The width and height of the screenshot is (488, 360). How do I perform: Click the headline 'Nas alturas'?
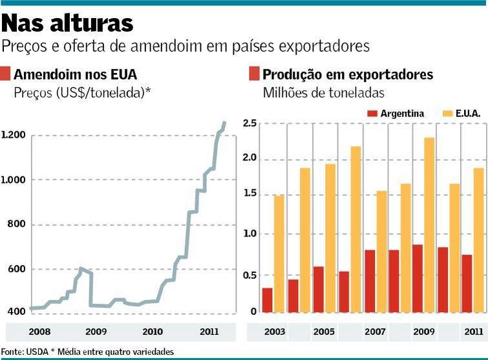point(67,24)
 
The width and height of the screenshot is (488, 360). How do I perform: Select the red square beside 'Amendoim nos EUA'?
point(6,74)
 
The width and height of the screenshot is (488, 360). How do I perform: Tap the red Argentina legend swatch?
point(372,114)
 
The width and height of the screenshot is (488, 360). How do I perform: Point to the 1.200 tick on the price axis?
point(13,135)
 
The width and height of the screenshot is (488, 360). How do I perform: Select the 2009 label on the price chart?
point(96,332)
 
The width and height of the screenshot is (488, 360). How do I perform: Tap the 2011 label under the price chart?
point(209,332)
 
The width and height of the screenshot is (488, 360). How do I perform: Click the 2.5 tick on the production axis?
point(249,123)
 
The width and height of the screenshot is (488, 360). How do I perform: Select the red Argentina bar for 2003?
point(267,300)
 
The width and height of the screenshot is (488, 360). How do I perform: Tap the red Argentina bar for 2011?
point(467,283)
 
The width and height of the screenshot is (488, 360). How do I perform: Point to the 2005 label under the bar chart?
point(324,332)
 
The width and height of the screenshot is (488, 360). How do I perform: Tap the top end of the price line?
point(224,122)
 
